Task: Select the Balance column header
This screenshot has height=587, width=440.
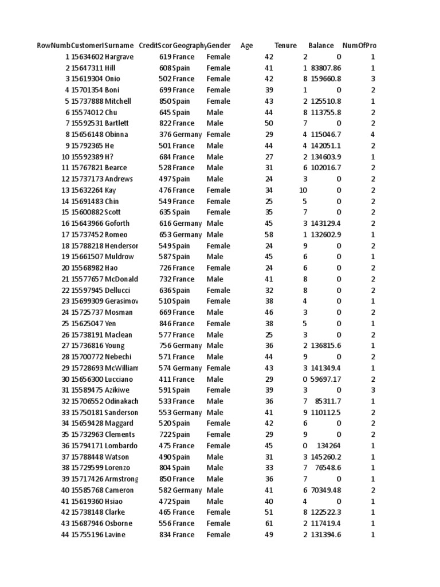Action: pos(321,46)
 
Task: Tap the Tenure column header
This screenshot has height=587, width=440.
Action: pos(286,46)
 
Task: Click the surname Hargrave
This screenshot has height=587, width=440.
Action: pos(121,57)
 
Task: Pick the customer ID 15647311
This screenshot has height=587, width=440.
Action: pos(87,68)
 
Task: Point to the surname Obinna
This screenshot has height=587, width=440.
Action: pos(116,135)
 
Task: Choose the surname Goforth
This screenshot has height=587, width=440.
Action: pos(117,224)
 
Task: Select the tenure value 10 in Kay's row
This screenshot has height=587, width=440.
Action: pos(303,190)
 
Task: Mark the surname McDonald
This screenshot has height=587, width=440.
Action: pos(121,279)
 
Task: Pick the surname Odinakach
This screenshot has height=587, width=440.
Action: pos(121,401)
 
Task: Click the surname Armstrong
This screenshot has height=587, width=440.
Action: pos(121,479)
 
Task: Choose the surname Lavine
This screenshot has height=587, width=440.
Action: pos(115,535)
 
